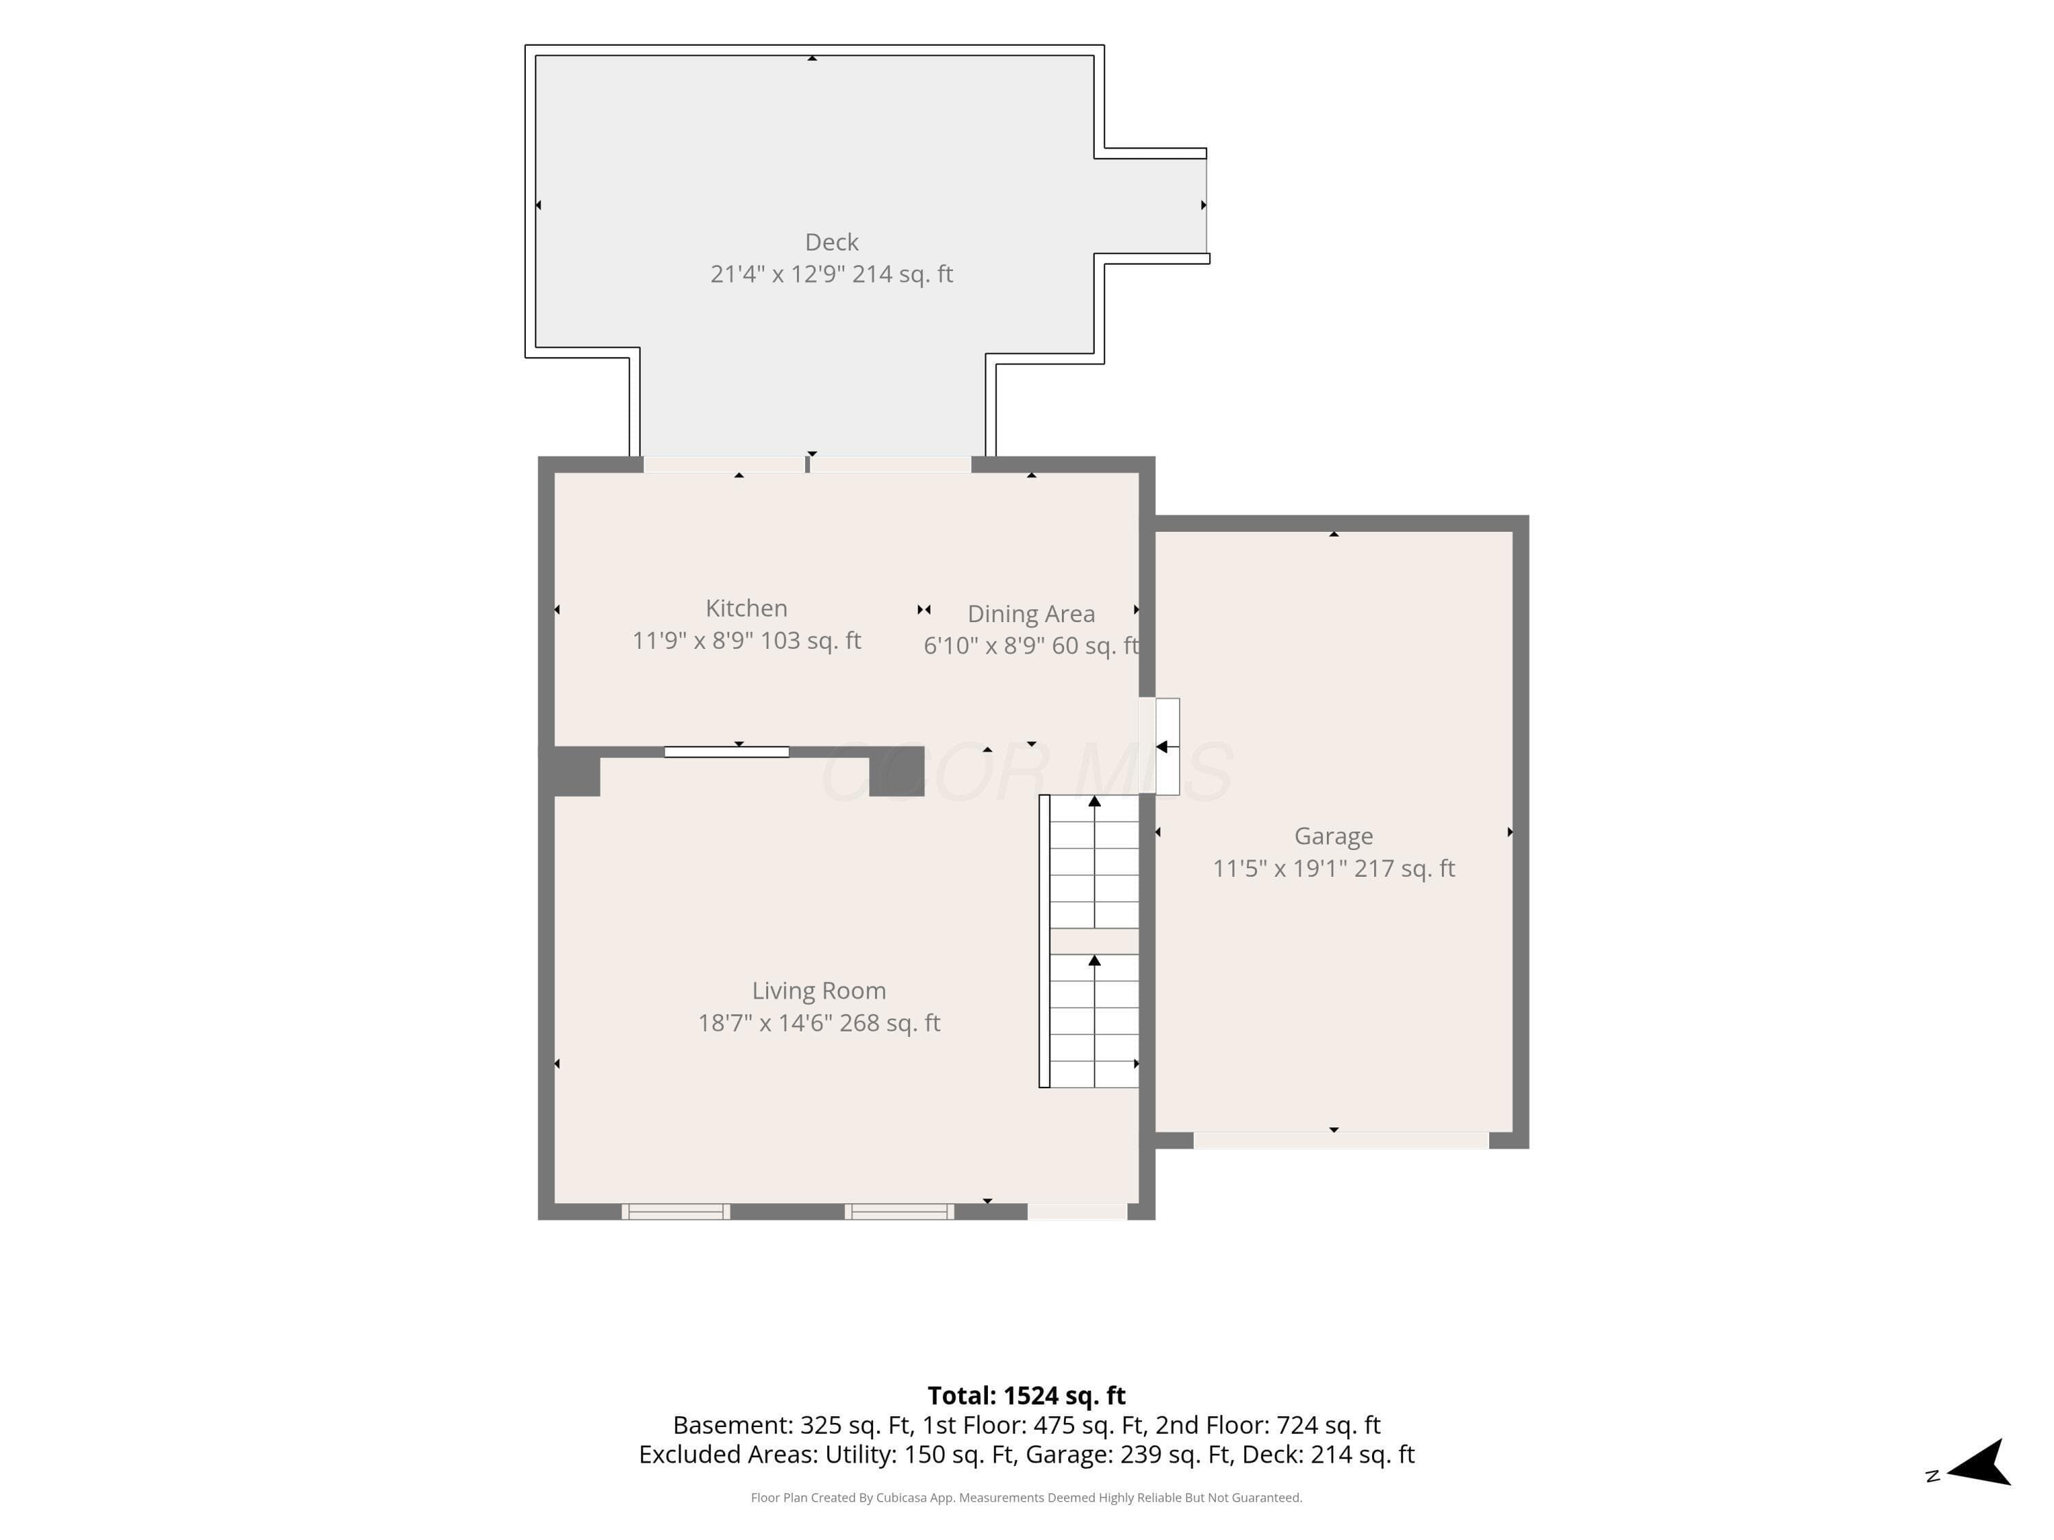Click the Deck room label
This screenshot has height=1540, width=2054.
(831, 242)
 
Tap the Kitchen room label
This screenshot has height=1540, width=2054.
(746, 608)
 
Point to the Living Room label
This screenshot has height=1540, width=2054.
(819, 991)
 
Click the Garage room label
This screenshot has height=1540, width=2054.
(1334, 836)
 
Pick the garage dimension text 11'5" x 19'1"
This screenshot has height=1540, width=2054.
(1280, 869)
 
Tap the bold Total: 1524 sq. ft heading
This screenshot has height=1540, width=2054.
(1026, 1395)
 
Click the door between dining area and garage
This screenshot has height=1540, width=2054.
(1160, 746)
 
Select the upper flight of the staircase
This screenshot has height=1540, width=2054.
(1095, 862)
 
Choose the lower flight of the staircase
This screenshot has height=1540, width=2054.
(1095, 1021)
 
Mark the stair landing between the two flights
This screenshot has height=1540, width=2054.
(1095, 941)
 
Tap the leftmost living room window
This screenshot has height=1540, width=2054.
(676, 1211)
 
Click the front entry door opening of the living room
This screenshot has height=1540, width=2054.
(1077, 1211)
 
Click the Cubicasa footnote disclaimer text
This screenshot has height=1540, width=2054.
(1026, 1498)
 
